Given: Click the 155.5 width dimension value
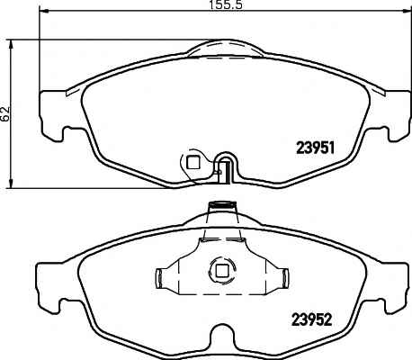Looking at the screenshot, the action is pyautogui.click(x=225, y=4).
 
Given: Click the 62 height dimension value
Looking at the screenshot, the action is pyautogui.click(x=5, y=114).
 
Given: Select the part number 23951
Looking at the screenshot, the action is pyautogui.click(x=315, y=148).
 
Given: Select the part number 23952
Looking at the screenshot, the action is pyautogui.click(x=312, y=319).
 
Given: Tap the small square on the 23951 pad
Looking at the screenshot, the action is pyautogui.click(x=193, y=163).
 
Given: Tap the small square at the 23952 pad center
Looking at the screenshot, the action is pyautogui.click(x=222, y=271).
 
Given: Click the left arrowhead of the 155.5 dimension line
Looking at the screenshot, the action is pyautogui.click(x=44, y=11).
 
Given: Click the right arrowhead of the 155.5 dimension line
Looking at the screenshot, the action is pyautogui.click(x=406, y=11).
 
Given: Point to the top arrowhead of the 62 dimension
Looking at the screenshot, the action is pyautogui.click(x=11, y=44).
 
